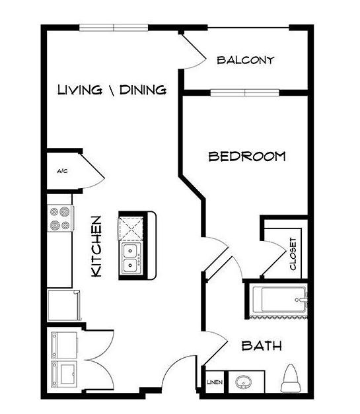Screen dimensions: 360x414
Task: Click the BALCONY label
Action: click(246, 60)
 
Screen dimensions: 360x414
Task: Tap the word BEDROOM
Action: click(247, 156)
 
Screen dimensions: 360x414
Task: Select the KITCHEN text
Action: click(96, 246)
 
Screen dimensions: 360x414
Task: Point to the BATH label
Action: click(262, 345)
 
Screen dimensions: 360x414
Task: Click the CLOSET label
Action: click(293, 254)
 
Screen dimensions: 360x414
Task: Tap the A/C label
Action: click(62, 171)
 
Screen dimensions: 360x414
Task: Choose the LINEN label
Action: click(215, 382)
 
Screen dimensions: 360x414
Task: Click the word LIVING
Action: click(79, 90)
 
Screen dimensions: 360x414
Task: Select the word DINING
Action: click(143, 90)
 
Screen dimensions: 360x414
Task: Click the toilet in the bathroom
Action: click(291, 378)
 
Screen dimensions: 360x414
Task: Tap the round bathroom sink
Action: click(244, 382)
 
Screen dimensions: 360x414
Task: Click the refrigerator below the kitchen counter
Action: click(63, 306)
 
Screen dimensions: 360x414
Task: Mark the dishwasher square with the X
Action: click(131, 228)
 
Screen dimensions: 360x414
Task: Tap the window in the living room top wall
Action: click(114, 28)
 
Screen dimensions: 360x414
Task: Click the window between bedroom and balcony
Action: click(245, 92)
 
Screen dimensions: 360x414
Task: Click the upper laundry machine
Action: click(64, 345)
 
